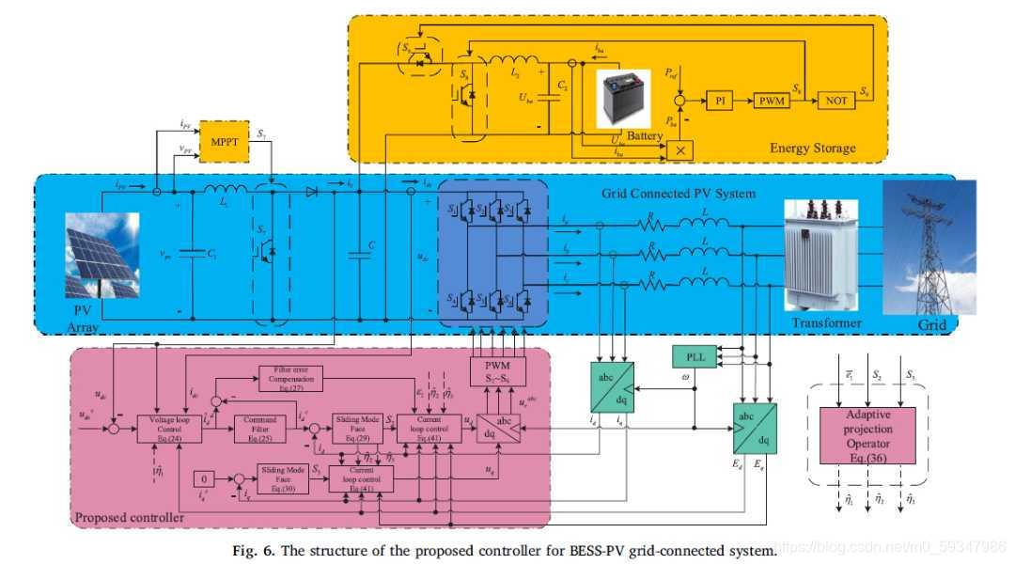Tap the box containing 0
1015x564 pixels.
pos(206,478)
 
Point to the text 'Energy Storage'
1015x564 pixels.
pos(813,148)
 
